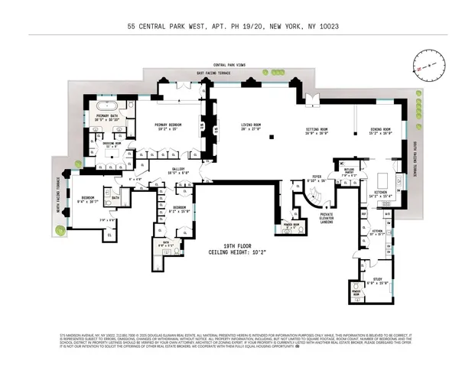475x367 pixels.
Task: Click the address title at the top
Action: [x=237, y=25]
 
